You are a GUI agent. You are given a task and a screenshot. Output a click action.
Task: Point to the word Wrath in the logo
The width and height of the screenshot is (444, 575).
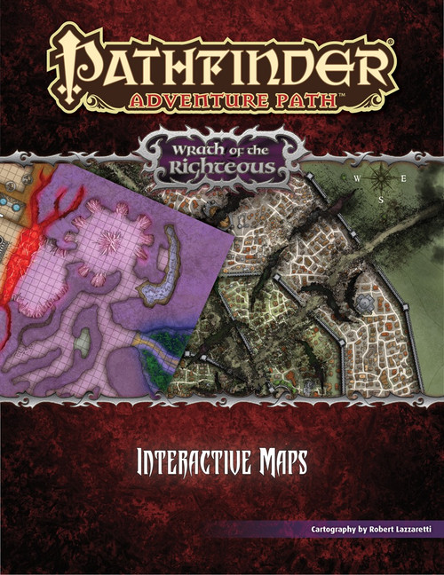(203, 140)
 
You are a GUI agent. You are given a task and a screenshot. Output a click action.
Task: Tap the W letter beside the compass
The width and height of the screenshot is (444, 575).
(356, 177)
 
